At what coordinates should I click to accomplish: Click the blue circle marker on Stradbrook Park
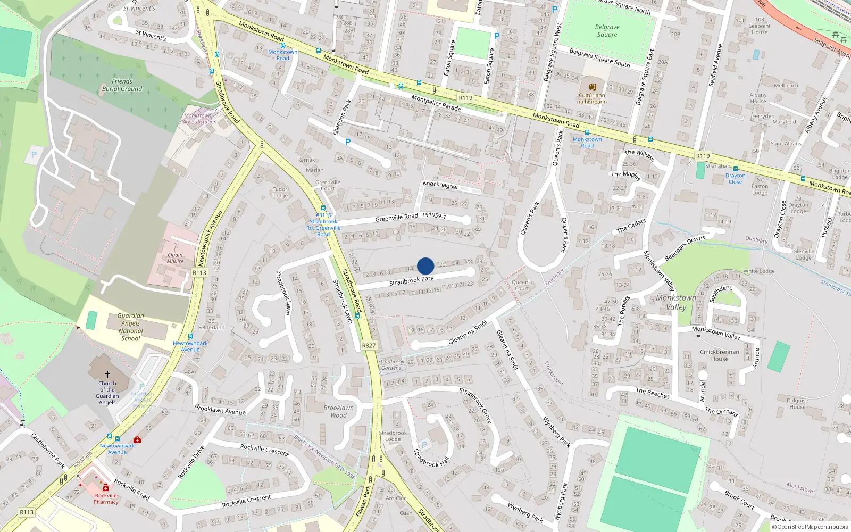pos(425,266)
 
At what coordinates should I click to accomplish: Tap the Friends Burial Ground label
pos(122,85)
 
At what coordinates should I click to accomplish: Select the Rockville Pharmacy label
pos(106,498)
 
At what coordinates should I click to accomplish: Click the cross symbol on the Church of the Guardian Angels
pos(107,375)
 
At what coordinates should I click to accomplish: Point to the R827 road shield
pos(369,346)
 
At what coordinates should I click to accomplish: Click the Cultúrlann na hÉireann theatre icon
pos(591,87)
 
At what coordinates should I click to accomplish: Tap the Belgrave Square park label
pos(607,31)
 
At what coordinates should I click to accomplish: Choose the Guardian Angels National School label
pos(131,327)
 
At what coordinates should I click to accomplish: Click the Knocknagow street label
pos(440,185)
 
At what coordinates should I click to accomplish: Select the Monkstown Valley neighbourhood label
pos(675,302)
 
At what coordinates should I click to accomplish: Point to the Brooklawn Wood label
pos(338,411)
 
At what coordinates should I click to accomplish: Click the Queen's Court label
pos(522,285)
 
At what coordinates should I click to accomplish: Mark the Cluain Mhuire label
pos(175,258)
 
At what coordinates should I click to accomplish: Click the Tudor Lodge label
pos(280,192)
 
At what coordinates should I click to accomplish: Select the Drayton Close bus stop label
pos(735,179)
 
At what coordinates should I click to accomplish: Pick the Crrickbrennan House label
pos(720,355)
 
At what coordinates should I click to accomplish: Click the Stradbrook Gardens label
pos(391,364)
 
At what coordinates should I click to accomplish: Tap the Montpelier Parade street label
pos(436,103)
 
